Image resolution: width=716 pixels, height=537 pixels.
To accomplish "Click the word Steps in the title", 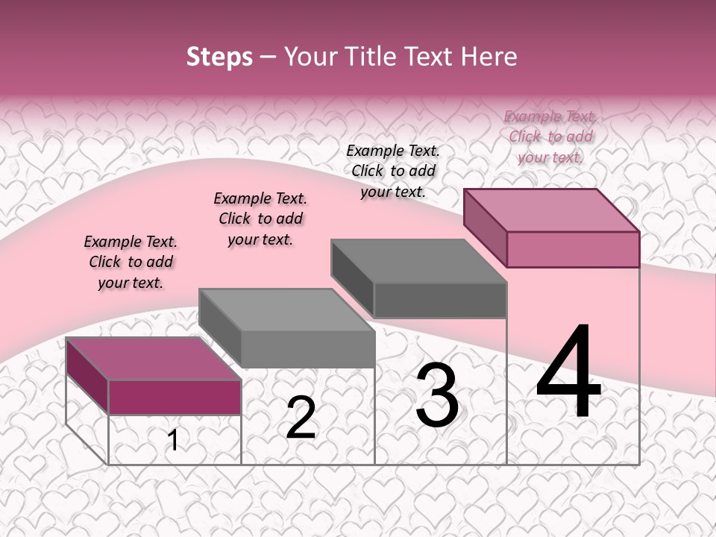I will (219, 57).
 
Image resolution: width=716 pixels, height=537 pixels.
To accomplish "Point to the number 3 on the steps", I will (437, 395).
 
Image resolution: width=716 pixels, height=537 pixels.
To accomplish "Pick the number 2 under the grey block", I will (301, 418).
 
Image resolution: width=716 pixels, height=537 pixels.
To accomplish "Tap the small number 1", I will (173, 440).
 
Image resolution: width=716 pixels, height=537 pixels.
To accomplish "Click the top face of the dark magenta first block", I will (154, 358).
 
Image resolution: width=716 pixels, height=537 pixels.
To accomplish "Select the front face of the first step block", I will (175, 397).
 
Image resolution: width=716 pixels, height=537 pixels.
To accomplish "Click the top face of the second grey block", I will (286, 310).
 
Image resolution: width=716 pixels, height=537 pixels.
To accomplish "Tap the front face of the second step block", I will (307, 349).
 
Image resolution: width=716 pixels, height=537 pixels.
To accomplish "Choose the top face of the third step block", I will (418, 261).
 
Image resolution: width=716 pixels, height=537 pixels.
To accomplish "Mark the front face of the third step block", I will (440, 300).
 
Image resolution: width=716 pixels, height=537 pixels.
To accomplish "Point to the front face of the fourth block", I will (573, 249).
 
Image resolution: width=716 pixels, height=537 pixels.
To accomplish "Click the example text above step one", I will (131, 262).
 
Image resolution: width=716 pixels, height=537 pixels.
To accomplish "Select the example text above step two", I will (260, 219).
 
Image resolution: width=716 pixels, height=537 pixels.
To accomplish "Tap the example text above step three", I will (393, 171).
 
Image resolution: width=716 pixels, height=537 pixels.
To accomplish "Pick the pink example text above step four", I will (550, 136).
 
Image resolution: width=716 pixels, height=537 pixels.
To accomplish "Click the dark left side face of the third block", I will (352, 280).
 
